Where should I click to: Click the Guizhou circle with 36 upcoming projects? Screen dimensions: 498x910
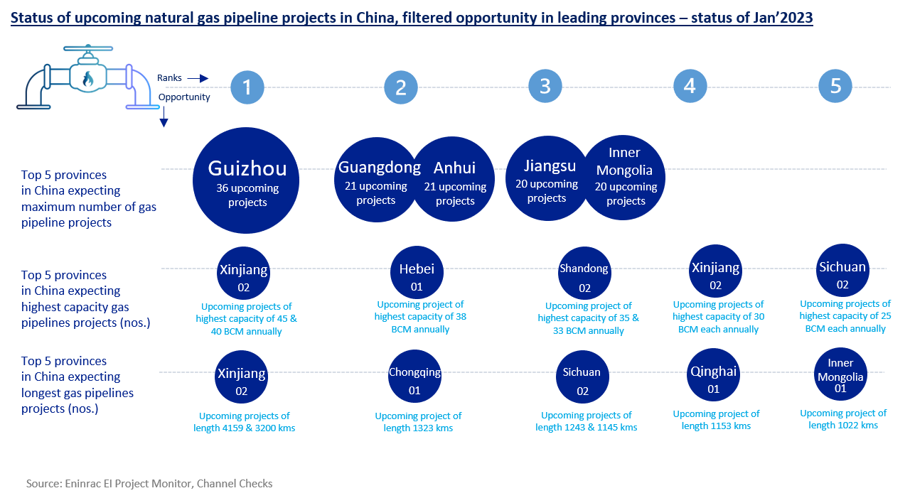[x=246, y=181]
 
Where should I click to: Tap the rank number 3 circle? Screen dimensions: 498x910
[x=545, y=87]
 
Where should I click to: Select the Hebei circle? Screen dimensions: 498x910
[x=417, y=274]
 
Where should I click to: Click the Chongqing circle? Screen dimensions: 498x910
[x=414, y=377]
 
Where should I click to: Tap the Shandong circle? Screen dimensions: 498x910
[x=584, y=274]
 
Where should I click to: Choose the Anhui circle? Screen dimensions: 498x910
[x=454, y=178]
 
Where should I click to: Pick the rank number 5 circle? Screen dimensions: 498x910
[x=835, y=87]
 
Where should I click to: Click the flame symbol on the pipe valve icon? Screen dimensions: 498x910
[x=87, y=77]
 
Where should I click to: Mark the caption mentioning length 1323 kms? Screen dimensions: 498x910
[x=418, y=422]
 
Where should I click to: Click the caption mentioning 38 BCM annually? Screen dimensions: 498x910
[x=420, y=317]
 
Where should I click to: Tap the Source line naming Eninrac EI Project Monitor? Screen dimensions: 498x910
[x=149, y=484]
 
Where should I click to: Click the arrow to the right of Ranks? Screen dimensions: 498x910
[x=198, y=79]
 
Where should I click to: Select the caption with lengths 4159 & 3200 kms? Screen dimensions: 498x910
[x=244, y=422]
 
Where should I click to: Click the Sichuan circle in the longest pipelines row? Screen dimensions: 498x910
[x=582, y=377]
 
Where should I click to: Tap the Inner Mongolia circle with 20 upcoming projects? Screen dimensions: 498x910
[x=625, y=178]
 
